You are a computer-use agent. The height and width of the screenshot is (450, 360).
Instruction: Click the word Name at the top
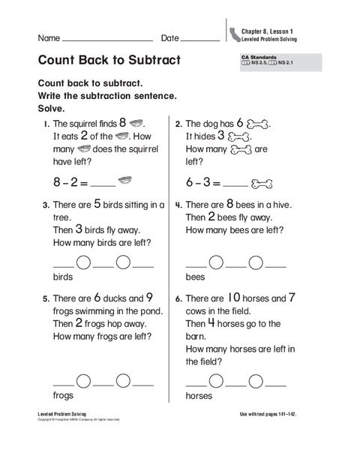[48, 37]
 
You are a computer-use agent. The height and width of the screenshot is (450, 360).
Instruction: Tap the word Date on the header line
[169, 37]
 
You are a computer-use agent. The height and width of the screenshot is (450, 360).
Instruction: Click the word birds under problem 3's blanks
[64, 277]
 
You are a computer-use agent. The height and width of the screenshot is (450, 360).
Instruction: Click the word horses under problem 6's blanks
[199, 395]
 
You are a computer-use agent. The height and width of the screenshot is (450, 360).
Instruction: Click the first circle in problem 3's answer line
[84, 262]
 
